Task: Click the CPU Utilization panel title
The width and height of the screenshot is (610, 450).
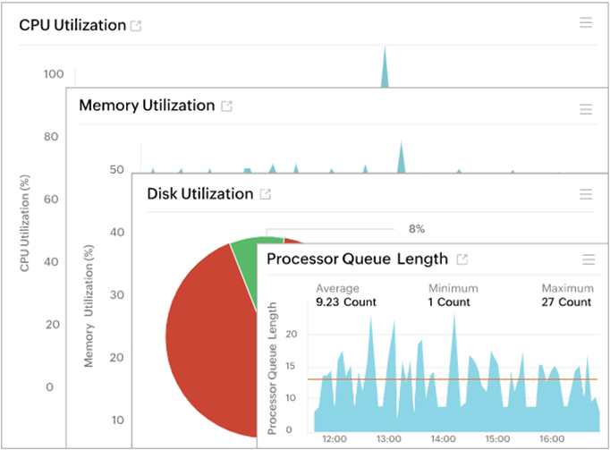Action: [72, 25]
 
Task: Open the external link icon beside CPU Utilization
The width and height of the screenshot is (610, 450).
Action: [137, 26]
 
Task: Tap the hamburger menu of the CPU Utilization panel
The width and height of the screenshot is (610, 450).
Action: [586, 22]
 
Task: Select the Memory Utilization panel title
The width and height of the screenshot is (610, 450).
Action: [147, 106]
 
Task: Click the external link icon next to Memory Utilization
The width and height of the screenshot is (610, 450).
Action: [227, 106]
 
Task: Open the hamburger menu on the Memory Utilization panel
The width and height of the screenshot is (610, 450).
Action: [586, 109]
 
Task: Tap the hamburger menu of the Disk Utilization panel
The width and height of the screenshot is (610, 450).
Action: [586, 194]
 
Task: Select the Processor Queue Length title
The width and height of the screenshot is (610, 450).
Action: [357, 259]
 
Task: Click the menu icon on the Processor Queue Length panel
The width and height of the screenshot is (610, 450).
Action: [589, 259]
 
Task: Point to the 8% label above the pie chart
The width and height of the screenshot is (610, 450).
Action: [416, 229]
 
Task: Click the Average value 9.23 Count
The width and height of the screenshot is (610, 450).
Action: [346, 302]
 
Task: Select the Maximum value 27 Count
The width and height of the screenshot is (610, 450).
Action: [566, 302]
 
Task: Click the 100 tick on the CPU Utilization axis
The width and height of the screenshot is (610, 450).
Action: [52, 74]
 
